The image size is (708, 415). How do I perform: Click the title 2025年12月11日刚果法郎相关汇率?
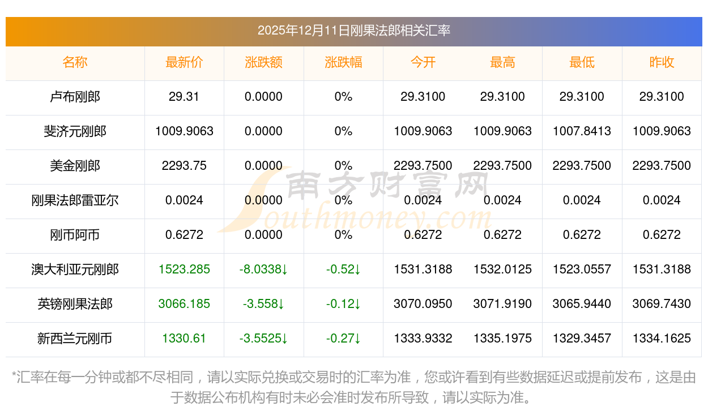pyautogui.click(x=353, y=31)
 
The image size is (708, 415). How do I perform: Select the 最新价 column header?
pyautogui.click(x=184, y=62)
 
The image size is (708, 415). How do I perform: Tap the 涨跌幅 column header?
pyautogui.click(x=343, y=62)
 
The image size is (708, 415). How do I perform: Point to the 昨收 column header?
pyautogui.click(x=662, y=62)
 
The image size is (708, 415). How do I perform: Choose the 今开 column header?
pyautogui.click(x=423, y=62)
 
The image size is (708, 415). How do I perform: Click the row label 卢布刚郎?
pyautogui.click(x=75, y=97)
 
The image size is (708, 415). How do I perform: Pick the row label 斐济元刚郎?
pyautogui.click(x=75, y=131)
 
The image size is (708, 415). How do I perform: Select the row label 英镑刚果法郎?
pyautogui.click(x=75, y=304)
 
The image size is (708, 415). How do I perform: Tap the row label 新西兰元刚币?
pyautogui.click(x=75, y=339)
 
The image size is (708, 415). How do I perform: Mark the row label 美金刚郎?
pyautogui.click(x=75, y=166)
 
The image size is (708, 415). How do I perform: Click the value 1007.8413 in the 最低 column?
pyautogui.click(x=582, y=131)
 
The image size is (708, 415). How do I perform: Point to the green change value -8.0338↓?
pyautogui.click(x=263, y=269)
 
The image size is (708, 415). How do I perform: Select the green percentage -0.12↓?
pyautogui.click(x=343, y=304)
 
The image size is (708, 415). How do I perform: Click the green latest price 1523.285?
pyautogui.click(x=184, y=269)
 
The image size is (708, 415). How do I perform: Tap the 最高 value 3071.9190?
pyautogui.click(x=502, y=304)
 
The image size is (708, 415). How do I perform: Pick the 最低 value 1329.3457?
pyautogui.click(x=582, y=339)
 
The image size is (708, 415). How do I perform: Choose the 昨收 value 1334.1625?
pyautogui.click(x=662, y=339)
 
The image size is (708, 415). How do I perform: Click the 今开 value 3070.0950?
pyautogui.click(x=423, y=304)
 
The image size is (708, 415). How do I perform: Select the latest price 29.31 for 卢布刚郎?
pyautogui.click(x=184, y=97)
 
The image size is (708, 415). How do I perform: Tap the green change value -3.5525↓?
pyautogui.click(x=263, y=339)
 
